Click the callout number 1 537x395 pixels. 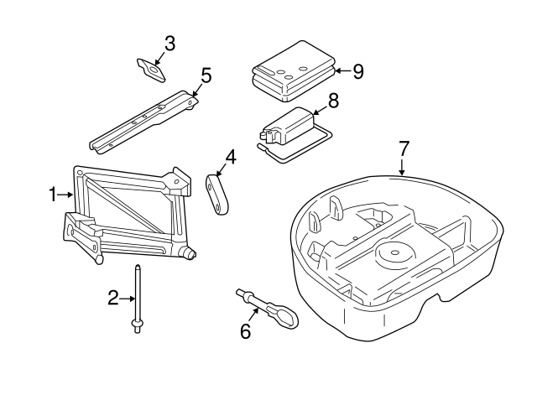tap(52, 195)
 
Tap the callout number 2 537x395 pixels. tap(113, 298)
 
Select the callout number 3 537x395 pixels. tap(169, 44)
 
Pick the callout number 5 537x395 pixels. tap(206, 75)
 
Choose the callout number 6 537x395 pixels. tap(246, 331)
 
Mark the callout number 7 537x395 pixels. tap(404, 148)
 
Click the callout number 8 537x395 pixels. tap(333, 101)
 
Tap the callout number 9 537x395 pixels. tap(358, 71)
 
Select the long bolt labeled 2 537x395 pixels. tap(138, 299)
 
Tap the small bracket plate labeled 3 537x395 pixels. tap(151, 70)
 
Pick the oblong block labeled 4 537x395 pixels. tap(217, 195)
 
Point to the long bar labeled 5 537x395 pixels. tap(143, 122)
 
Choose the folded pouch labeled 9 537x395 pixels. tap(294, 72)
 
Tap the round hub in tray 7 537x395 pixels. tap(395, 254)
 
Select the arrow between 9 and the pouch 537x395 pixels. tap(343, 70)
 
